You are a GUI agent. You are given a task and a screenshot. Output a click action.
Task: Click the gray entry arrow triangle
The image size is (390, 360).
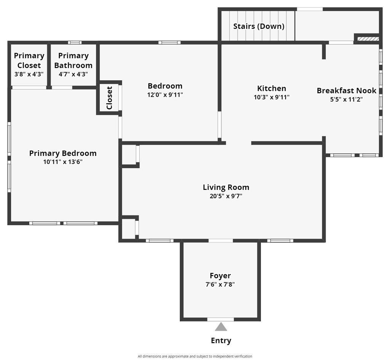(221, 327)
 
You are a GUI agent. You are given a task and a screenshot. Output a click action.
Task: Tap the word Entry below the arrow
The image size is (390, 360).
(221, 341)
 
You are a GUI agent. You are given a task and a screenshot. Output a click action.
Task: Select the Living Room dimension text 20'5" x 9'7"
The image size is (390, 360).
(226, 196)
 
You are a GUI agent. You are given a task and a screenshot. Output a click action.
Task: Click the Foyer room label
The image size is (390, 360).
(220, 276)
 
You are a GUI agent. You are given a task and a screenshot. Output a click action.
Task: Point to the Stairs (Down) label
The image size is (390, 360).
(259, 26)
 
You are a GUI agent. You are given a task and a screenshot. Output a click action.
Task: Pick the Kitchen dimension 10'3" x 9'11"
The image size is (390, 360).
(272, 97)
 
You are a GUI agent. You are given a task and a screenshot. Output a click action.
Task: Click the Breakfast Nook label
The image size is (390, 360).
(347, 91)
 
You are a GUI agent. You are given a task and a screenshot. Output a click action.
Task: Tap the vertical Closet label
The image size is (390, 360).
(109, 98)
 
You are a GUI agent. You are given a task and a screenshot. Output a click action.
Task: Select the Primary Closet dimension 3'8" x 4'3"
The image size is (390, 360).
(29, 74)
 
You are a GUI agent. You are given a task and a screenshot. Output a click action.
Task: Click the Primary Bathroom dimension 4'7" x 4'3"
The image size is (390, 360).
(74, 74)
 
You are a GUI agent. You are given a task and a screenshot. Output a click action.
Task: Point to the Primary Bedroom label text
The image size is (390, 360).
(63, 153)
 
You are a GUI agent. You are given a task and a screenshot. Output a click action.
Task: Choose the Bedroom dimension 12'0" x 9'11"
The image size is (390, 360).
(165, 95)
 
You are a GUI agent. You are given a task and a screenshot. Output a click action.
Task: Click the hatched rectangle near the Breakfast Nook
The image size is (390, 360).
(368, 39)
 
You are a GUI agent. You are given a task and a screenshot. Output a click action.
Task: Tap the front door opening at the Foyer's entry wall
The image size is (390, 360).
(221, 319)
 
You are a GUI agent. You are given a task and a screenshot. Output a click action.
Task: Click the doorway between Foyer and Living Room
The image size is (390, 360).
(221, 241)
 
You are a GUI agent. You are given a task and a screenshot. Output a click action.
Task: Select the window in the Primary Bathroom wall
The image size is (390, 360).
(75, 43)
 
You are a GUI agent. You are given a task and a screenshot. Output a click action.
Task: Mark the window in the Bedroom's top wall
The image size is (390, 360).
(169, 43)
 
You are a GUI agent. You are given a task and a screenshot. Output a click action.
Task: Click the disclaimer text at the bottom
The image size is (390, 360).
(195, 356)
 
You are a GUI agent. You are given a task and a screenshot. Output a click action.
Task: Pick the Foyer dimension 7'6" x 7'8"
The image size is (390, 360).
(220, 284)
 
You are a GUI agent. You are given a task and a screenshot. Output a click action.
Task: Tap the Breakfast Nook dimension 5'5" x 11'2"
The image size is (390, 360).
(347, 99)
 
